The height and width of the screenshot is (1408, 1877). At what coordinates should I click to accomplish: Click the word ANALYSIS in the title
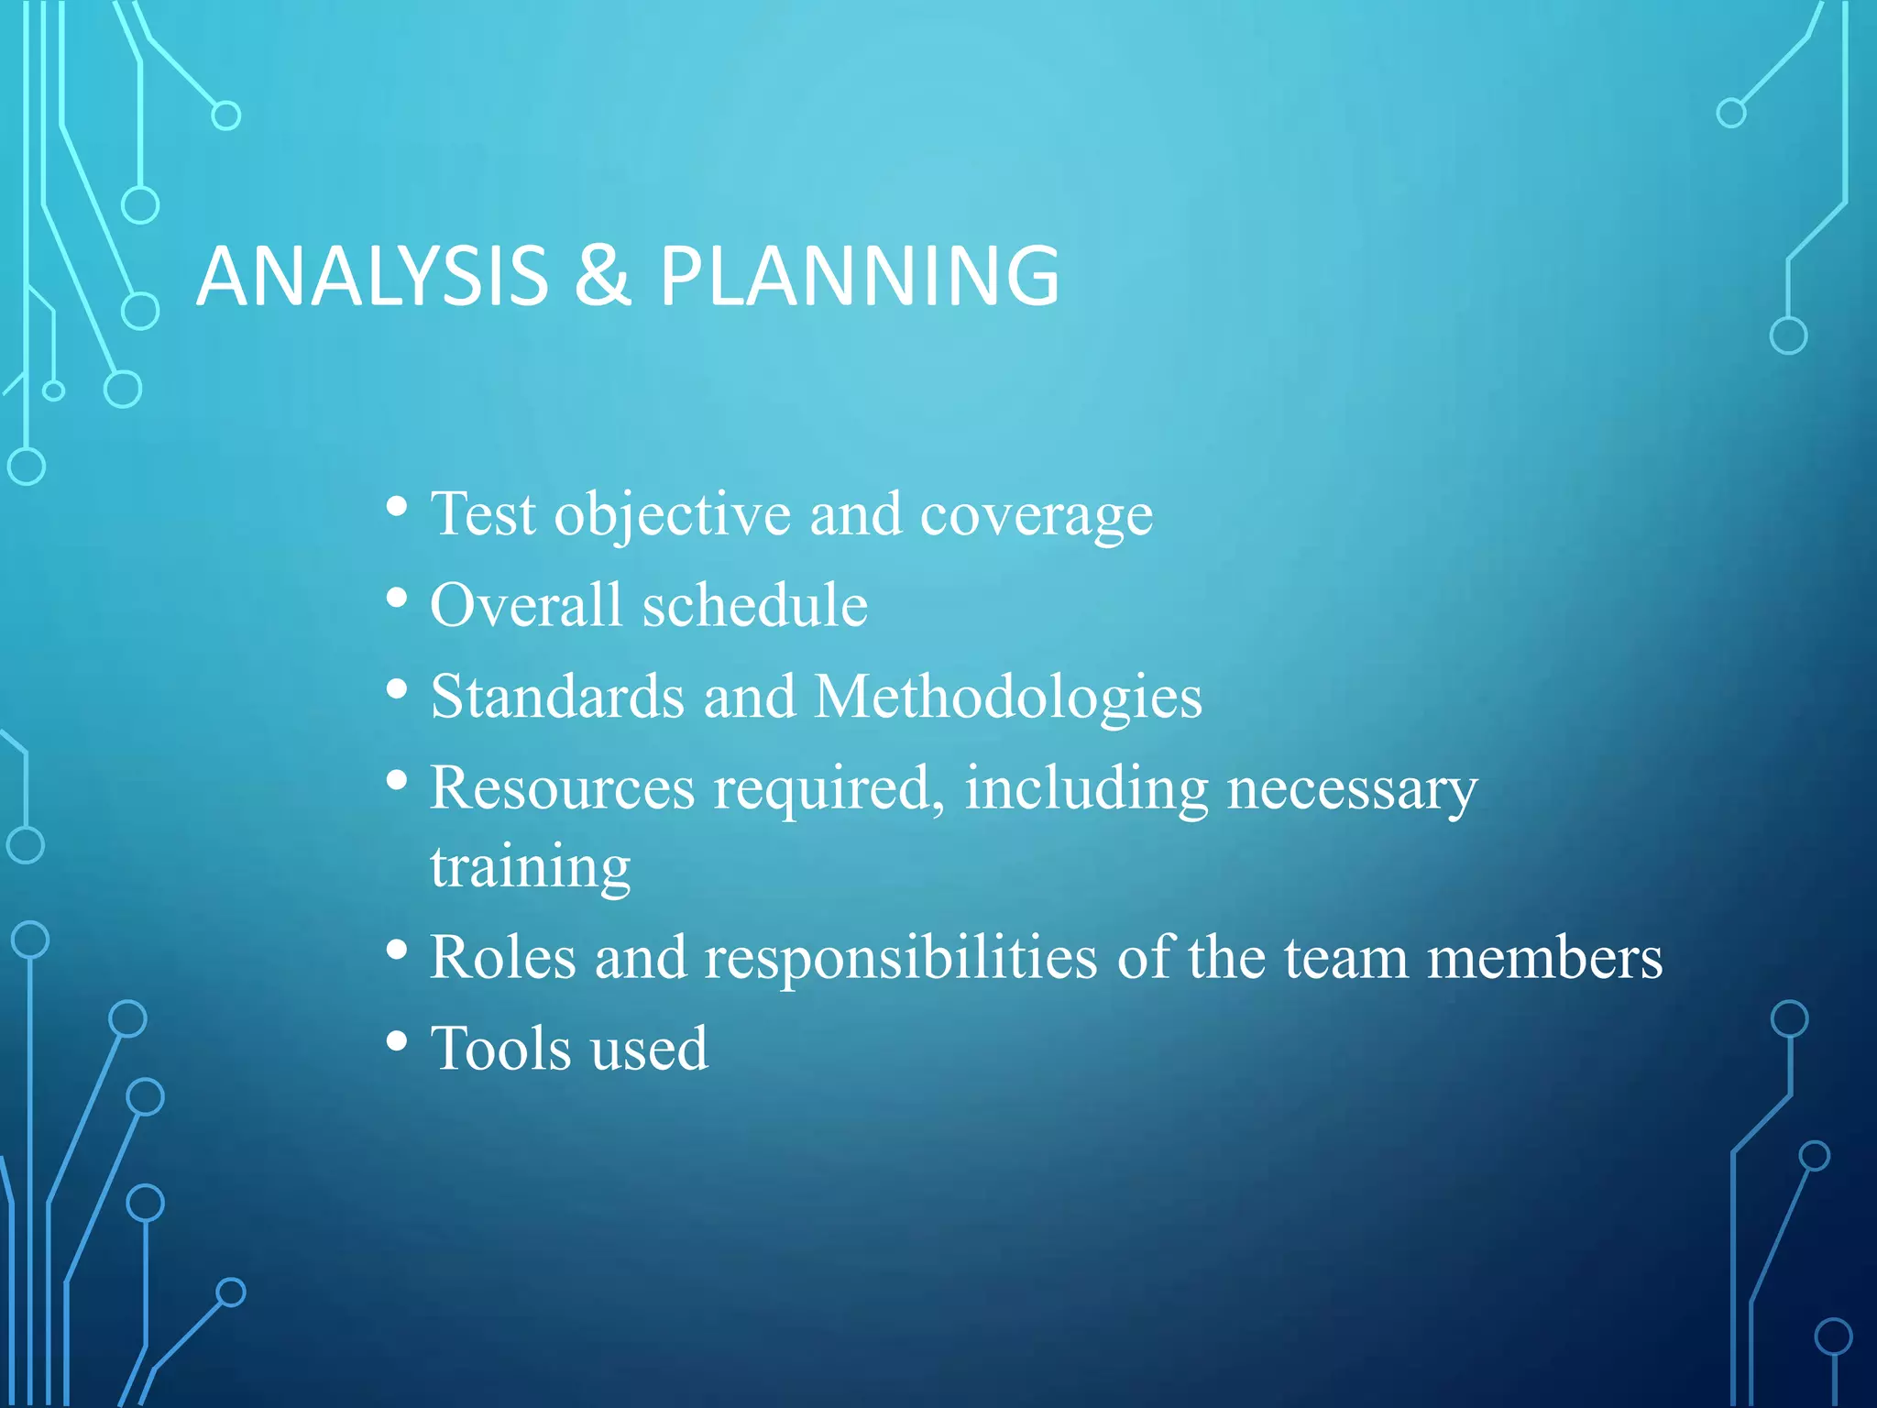(x=372, y=276)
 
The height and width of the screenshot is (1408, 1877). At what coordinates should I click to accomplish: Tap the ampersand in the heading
(x=603, y=276)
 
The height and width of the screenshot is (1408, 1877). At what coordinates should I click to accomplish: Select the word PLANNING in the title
(x=860, y=276)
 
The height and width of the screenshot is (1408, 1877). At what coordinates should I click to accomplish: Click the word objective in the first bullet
(x=672, y=515)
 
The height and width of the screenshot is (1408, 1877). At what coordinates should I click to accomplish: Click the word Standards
(x=557, y=697)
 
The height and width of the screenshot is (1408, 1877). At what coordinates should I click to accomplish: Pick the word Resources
(x=563, y=788)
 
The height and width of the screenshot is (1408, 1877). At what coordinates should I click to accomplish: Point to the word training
(x=531, y=867)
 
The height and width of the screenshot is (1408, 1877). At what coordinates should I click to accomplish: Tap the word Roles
(x=503, y=958)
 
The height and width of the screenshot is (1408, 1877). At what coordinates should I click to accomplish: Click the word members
(x=1544, y=958)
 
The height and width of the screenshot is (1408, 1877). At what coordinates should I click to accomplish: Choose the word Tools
(x=500, y=1049)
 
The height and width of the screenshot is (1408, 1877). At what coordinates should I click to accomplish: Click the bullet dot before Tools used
(x=397, y=1041)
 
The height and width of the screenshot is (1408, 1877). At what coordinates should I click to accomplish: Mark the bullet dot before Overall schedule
(x=397, y=598)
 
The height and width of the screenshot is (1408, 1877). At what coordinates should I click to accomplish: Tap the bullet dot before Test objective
(x=397, y=506)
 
